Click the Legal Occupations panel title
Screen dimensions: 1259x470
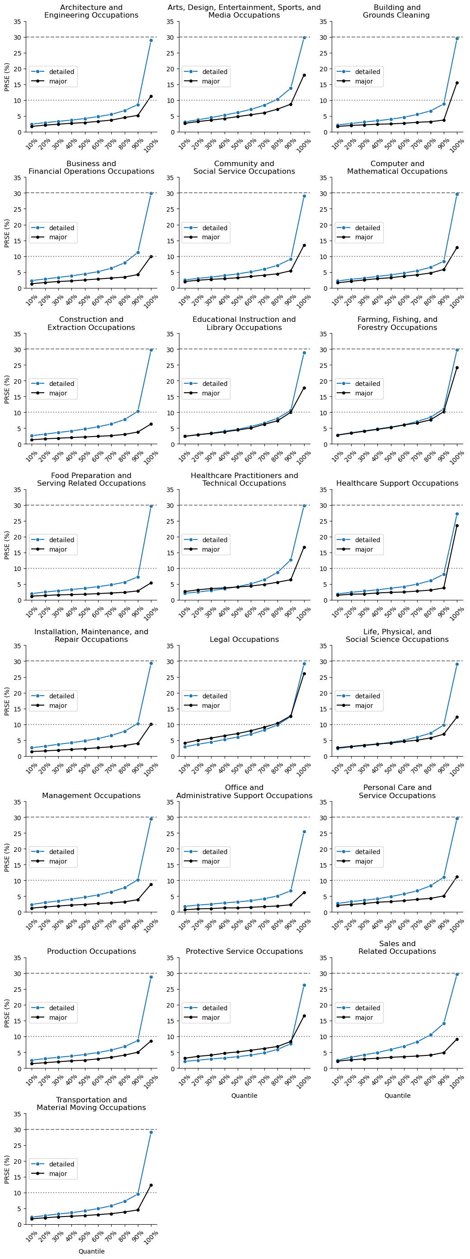tap(244, 639)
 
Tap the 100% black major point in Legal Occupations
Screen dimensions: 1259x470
tap(304, 674)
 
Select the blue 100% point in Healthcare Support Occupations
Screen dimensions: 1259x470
tap(457, 514)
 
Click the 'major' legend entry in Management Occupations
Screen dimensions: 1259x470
tap(58, 861)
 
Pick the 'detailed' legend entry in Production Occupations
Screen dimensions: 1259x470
tap(61, 1008)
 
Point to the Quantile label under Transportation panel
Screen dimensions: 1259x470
tap(91, 1251)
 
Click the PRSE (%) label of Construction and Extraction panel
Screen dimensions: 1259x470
tap(7, 389)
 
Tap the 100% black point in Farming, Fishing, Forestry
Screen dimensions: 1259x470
tap(457, 368)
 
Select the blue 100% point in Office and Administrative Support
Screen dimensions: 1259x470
tap(304, 832)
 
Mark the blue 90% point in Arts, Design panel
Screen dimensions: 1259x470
tap(291, 88)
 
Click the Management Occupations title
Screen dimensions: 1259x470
tap(91, 796)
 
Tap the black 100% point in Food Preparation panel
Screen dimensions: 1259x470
tap(151, 583)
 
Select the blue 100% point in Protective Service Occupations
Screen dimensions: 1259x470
tap(304, 986)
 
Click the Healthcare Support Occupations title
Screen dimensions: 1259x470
tap(397, 483)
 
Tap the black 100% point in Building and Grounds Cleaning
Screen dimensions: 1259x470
tap(457, 83)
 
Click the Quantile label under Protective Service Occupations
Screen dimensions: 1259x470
tap(244, 1095)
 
